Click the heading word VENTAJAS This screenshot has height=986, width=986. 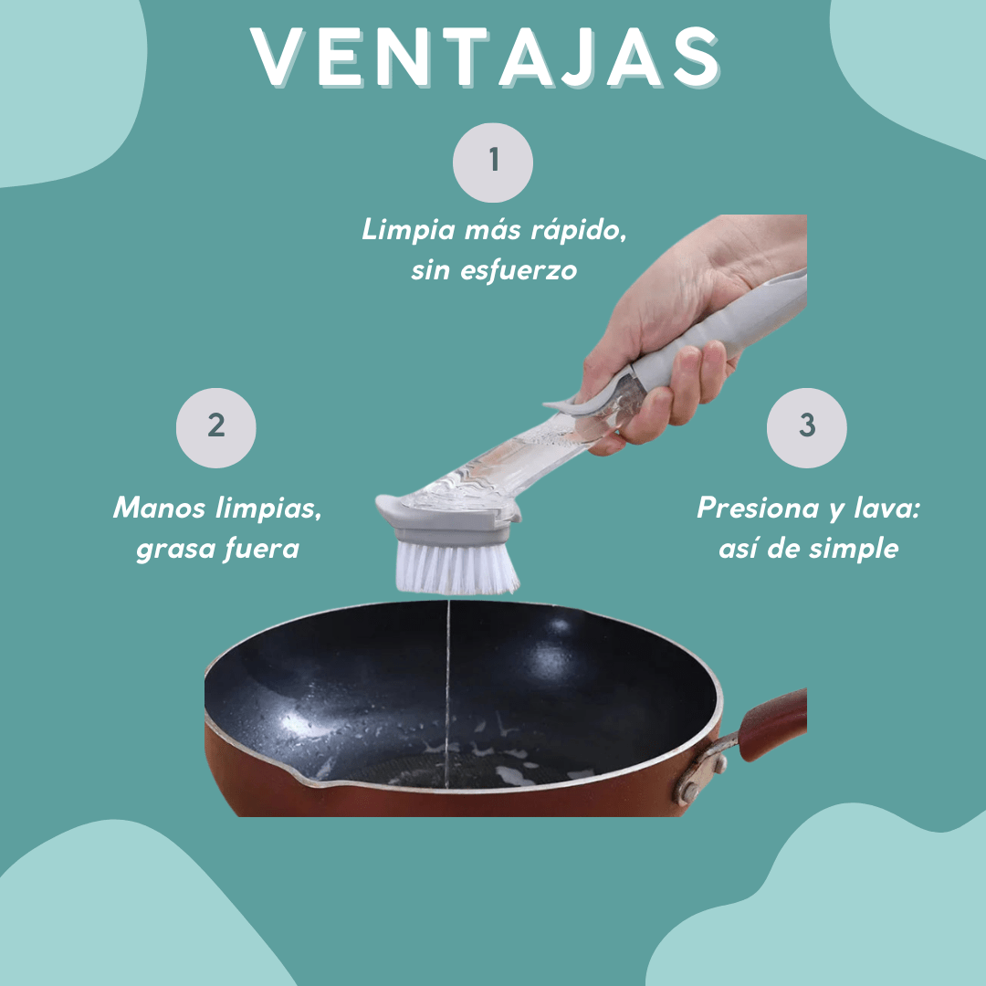[x=487, y=58]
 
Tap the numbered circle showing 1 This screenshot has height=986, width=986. [x=493, y=162]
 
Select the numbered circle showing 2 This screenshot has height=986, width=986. [x=216, y=426]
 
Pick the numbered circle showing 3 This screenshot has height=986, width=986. [x=806, y=426]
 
